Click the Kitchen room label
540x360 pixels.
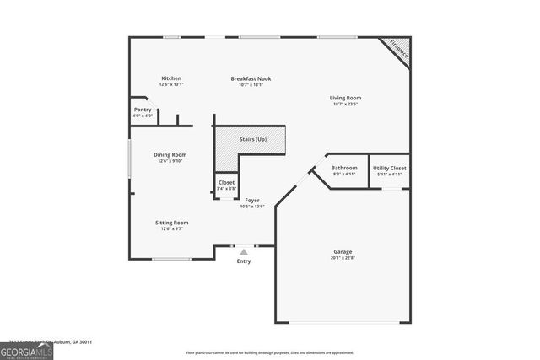171,78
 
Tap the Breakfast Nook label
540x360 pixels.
251,78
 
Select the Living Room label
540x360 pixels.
344,98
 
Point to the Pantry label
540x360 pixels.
143,110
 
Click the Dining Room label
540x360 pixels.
170,154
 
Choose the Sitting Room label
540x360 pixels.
171,223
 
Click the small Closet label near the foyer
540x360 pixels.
226,183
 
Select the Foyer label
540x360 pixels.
252,200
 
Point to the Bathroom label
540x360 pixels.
344,168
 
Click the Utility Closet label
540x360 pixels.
389,168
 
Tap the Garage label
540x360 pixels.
343,252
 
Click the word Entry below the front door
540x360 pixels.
244,261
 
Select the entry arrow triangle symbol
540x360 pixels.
244,251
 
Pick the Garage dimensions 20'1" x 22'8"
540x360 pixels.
343,259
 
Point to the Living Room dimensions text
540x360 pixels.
344,105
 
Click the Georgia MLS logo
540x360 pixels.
26,351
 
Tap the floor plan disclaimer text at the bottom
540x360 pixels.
270,352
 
